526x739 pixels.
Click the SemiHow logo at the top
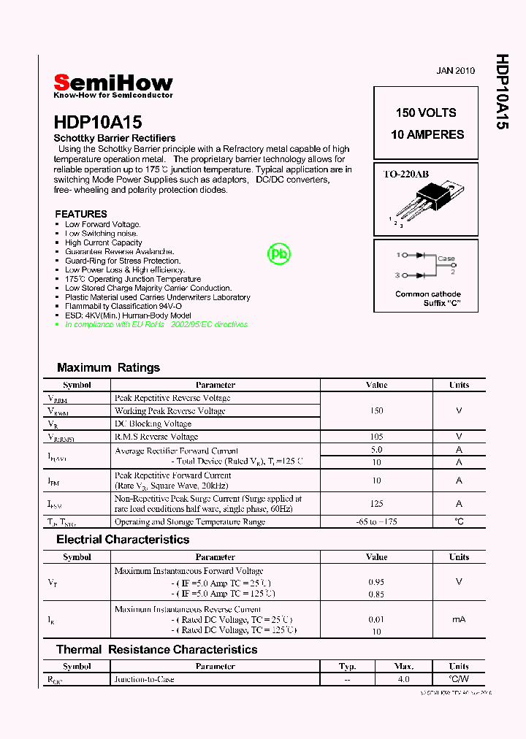[x=113, y=83]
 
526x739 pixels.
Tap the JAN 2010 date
[x=455, y=71]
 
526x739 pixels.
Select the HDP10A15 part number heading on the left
[x=98, y=122]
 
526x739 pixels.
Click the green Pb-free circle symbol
[x=278, y=253]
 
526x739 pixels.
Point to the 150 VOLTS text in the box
[x=426, y=112]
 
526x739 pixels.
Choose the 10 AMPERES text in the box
[x=427, y=134]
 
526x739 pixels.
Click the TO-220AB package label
[x=406, y=174]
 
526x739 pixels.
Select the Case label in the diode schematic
[x=446, y=259]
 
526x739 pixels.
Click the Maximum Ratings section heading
[x=108, y=367]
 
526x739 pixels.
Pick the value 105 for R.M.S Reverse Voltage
[x=376, y=437]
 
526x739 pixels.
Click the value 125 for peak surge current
[x=376, y=503]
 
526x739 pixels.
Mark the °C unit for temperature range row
[x=459, y=521]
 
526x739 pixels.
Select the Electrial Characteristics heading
[x=123, y=540]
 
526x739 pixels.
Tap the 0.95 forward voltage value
[x=376, y=582]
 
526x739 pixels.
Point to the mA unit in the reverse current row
[x=459, y=619]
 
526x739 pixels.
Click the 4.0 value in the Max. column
[x=403, y=679]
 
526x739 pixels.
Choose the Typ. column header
[x=347, y=666]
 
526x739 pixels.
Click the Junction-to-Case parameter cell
[x=144, y=679]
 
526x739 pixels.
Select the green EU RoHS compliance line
[x=156, y=324]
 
